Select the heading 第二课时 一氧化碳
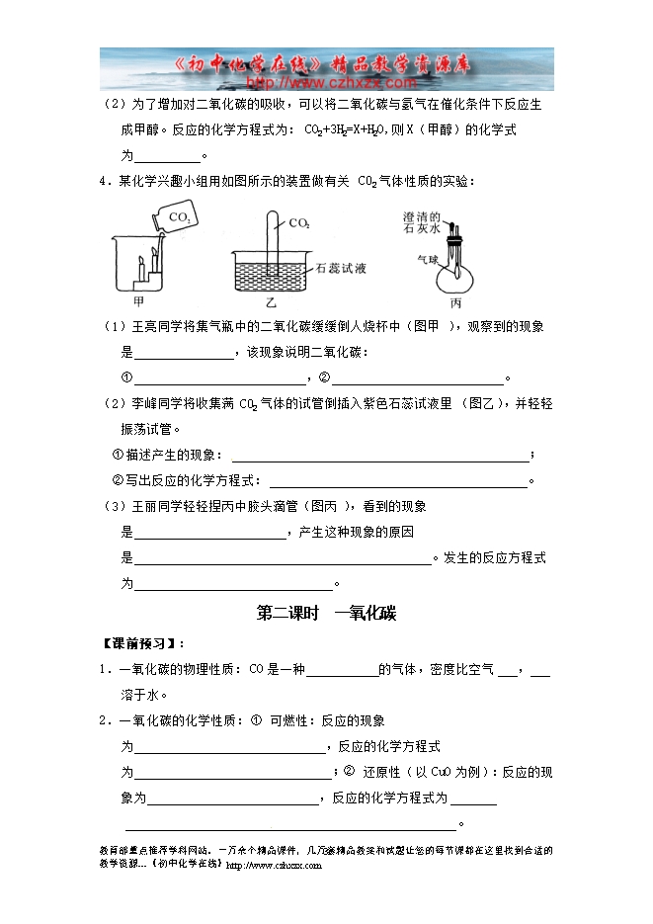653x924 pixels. click(x=326, y=614)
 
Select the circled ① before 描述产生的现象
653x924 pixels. click(x=118, y=455)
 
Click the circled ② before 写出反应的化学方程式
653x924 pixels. click(x=118, y=480)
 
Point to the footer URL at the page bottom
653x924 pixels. click(x=275, y=865)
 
